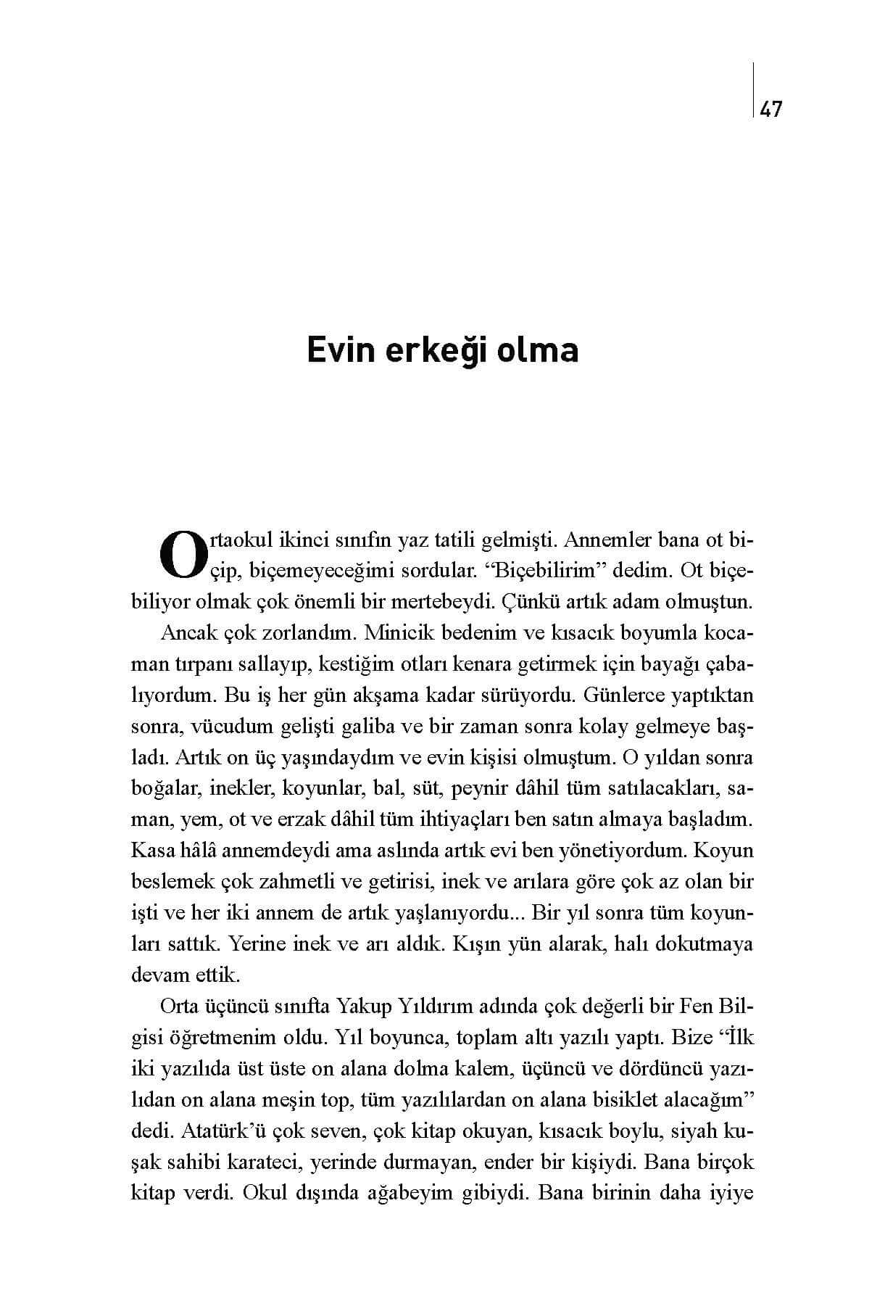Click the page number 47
pos(771,109)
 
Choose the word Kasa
pos(149,850)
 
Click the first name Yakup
pos(362,1007)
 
